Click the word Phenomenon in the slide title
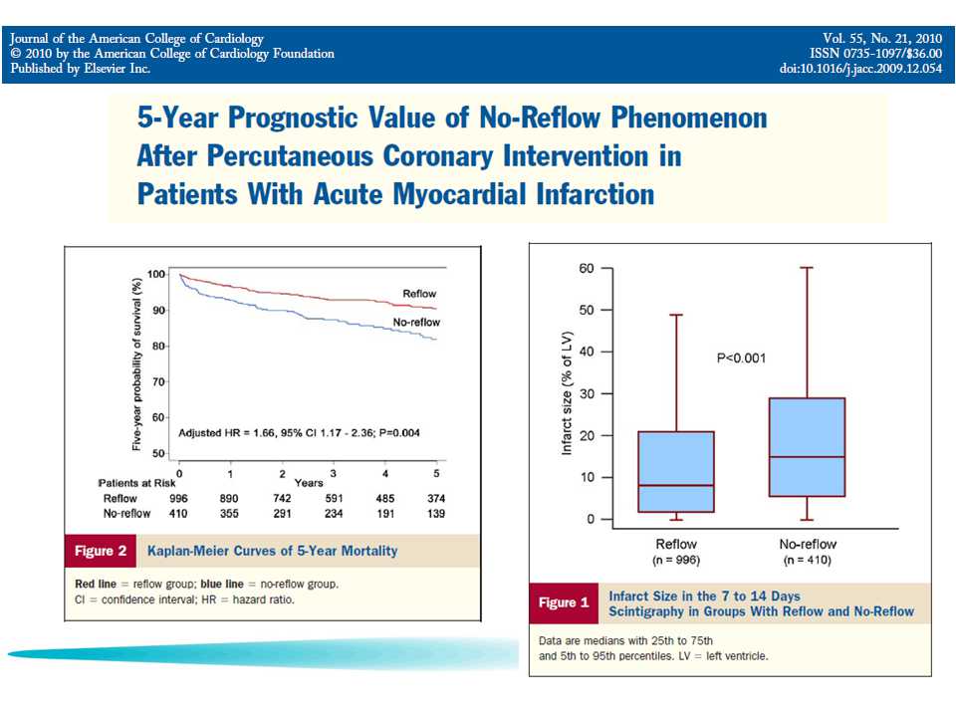(x=687, y=119)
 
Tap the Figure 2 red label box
(x=101, y=551)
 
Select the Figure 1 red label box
(x=563, y=602)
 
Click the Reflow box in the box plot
(x=676, y=471)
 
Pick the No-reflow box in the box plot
(x=807, y=447)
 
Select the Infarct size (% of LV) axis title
(x=567, y=392)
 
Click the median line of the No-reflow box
(x=807, y=457)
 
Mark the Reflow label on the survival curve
(x=419, y=294)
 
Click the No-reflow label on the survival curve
(x=416, y=323)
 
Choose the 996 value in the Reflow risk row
(x=179, y=498)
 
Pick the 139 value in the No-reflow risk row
(x=434, y=513)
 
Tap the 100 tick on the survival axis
(x=156, y=274)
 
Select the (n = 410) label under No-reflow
(x=807, y=560)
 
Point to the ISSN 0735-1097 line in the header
(x=875, y=54)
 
